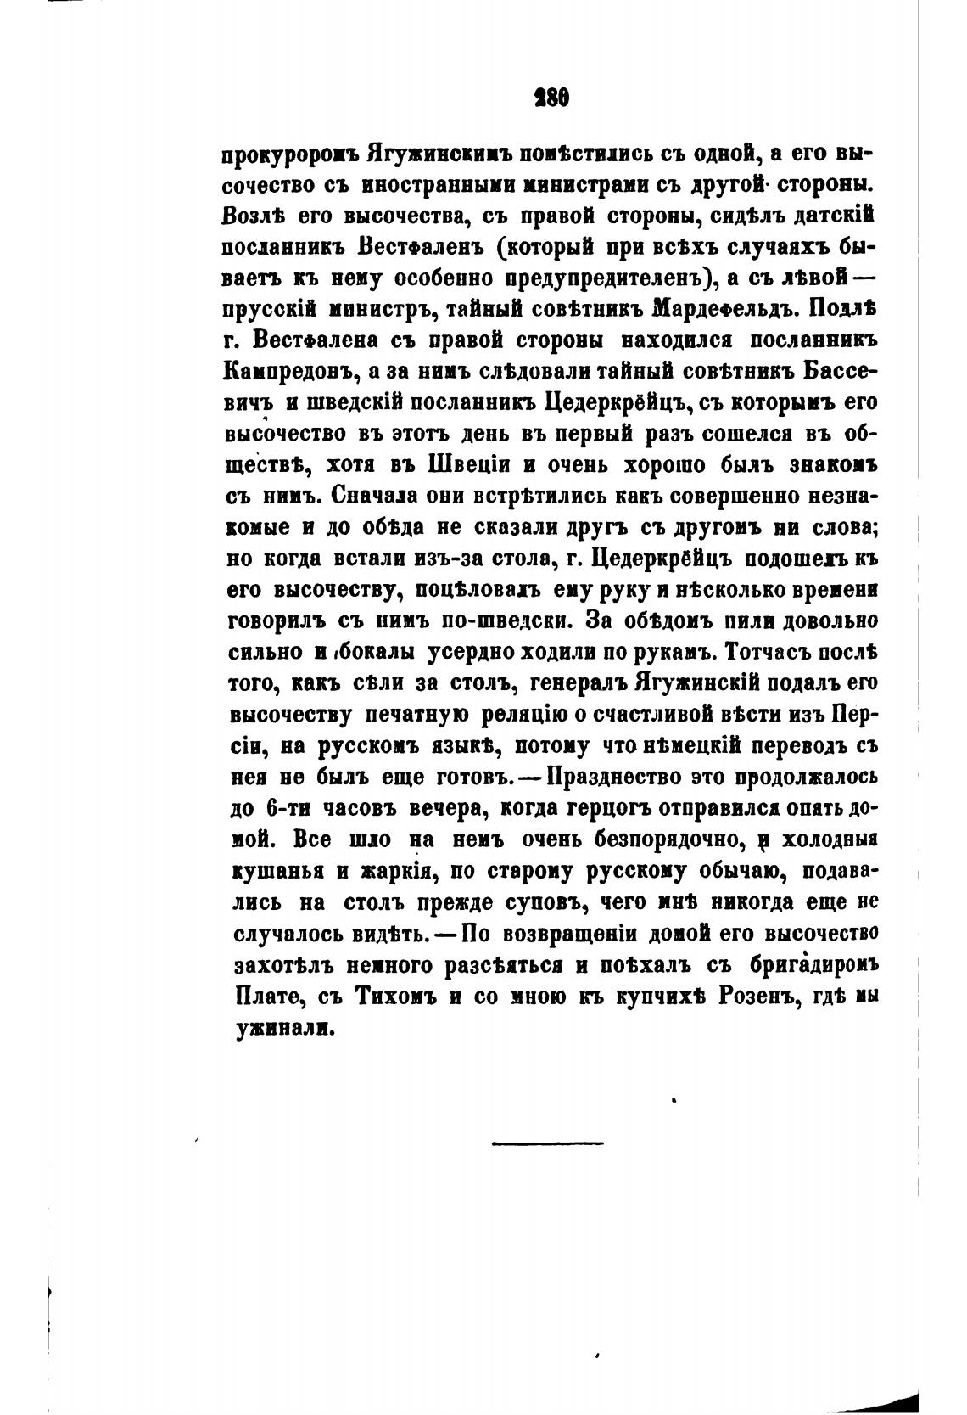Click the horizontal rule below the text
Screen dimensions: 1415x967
(x=547, y=1143)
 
